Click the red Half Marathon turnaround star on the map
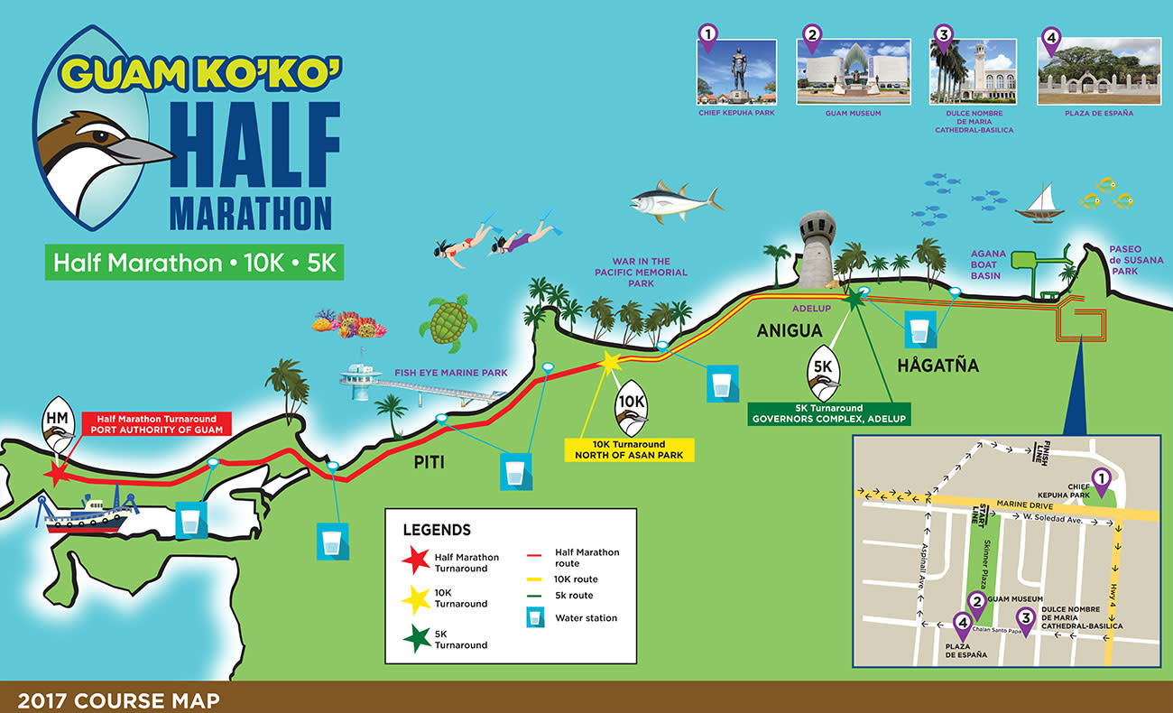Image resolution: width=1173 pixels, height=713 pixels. pos(56,475)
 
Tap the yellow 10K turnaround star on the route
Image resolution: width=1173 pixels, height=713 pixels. pos(610,362)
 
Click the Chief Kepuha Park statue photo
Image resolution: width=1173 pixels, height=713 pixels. pos(737,71)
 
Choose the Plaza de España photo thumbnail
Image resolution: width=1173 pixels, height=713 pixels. pos(1100,71)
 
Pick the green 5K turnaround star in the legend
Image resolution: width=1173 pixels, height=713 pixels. pos(416,638)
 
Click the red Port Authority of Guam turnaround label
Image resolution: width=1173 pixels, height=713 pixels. pos(156,423)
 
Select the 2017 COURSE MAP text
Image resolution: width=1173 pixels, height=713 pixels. pos(118,699)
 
